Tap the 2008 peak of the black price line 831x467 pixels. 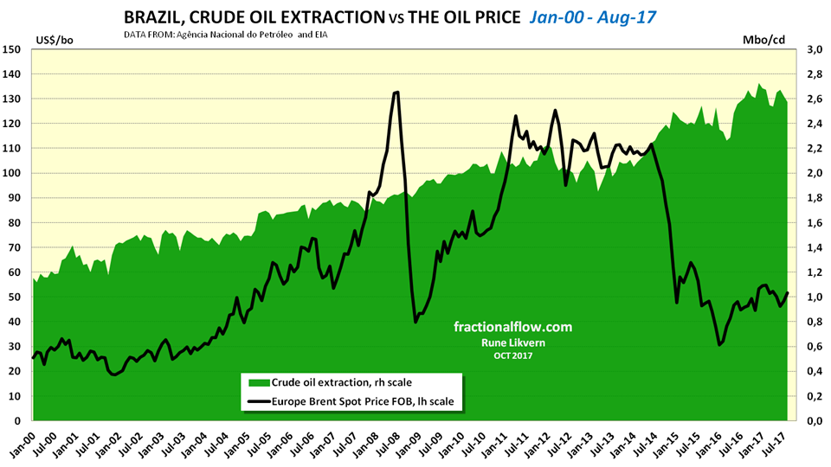[396, 92]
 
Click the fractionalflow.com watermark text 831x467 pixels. [513, 327]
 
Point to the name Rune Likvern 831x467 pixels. [513, 342]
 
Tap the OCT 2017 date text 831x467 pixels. [513, 355]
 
